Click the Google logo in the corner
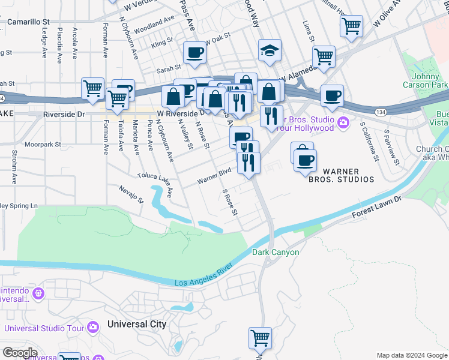tap(19, 352)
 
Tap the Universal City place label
tap(136, 324)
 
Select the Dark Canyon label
tap(276, 252)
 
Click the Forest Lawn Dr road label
tap(377, 204)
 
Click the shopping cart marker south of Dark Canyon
tap(260, 338)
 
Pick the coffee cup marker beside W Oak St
tap(194, 53)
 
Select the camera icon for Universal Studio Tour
tap(93, 328)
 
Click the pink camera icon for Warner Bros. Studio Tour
tap(343, 123)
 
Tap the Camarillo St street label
tap(28, 22)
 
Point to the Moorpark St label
tap(43, 145)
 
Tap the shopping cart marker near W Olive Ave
tap(351, 26)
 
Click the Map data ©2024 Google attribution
tap(411, 355)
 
